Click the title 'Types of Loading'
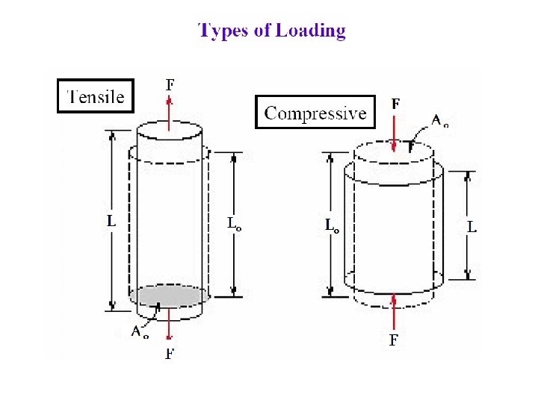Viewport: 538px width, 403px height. pyautogui.click(x=272, y=31)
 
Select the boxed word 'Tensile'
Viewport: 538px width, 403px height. pyautogui.click(x=96, y=96)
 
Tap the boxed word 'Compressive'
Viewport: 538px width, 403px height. pyautogui.click(x=315, y=113)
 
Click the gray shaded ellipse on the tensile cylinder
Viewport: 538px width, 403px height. pyautogui.click(x=169, y=296)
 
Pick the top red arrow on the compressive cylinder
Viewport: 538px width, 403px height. pyautogui.click(x=394, y=134)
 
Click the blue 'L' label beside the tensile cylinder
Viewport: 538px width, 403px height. pyautogui.click(x=111, y=221)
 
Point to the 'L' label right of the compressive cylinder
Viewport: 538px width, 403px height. pyautogui.click(x=471, y=225)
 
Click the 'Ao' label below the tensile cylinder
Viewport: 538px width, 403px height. pyautogui.click(x=140, y=331)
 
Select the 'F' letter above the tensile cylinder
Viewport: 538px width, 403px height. pyautogui.click(x=170, y=84)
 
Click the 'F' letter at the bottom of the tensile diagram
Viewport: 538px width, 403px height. pyautogui.click(x=170, y=353)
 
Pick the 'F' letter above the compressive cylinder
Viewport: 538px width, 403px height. pyautogui.click(x=395, y=104)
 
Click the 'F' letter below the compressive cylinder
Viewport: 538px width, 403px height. pyautogui.click(x=394, y=340)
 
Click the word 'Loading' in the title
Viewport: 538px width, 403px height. pyautogui.click(x=310, y=31)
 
